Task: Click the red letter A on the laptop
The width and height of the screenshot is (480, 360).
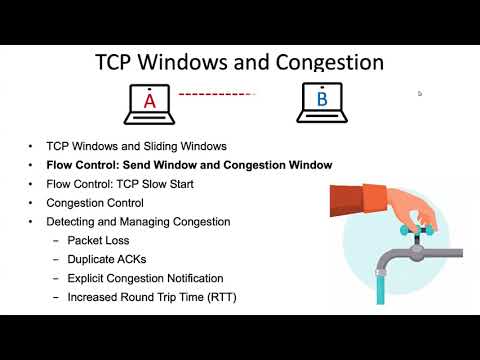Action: click(x=150, y=101)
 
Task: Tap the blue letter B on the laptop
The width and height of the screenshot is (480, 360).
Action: click(x=322, y=100)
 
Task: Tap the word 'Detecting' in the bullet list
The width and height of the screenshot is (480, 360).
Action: click(x=72, y=222)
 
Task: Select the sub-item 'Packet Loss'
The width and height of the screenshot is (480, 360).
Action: click(x=98, y=241)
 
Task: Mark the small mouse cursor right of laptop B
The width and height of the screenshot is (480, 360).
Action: click(x=420, y=93)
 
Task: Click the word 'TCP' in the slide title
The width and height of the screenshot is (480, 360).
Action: click(x=117, y=62)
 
